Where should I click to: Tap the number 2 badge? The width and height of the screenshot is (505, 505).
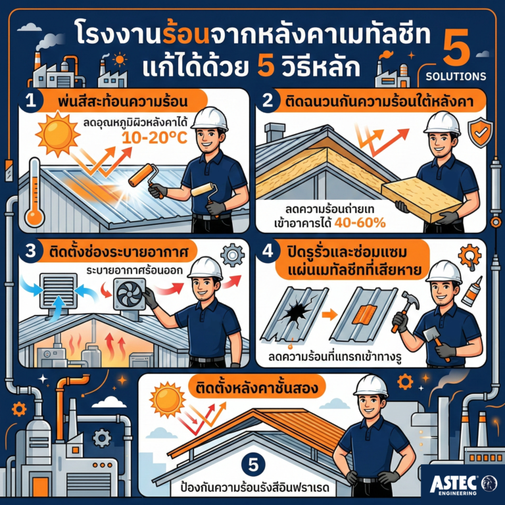pos(269,103)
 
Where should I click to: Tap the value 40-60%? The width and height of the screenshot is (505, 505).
pos(360,224)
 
